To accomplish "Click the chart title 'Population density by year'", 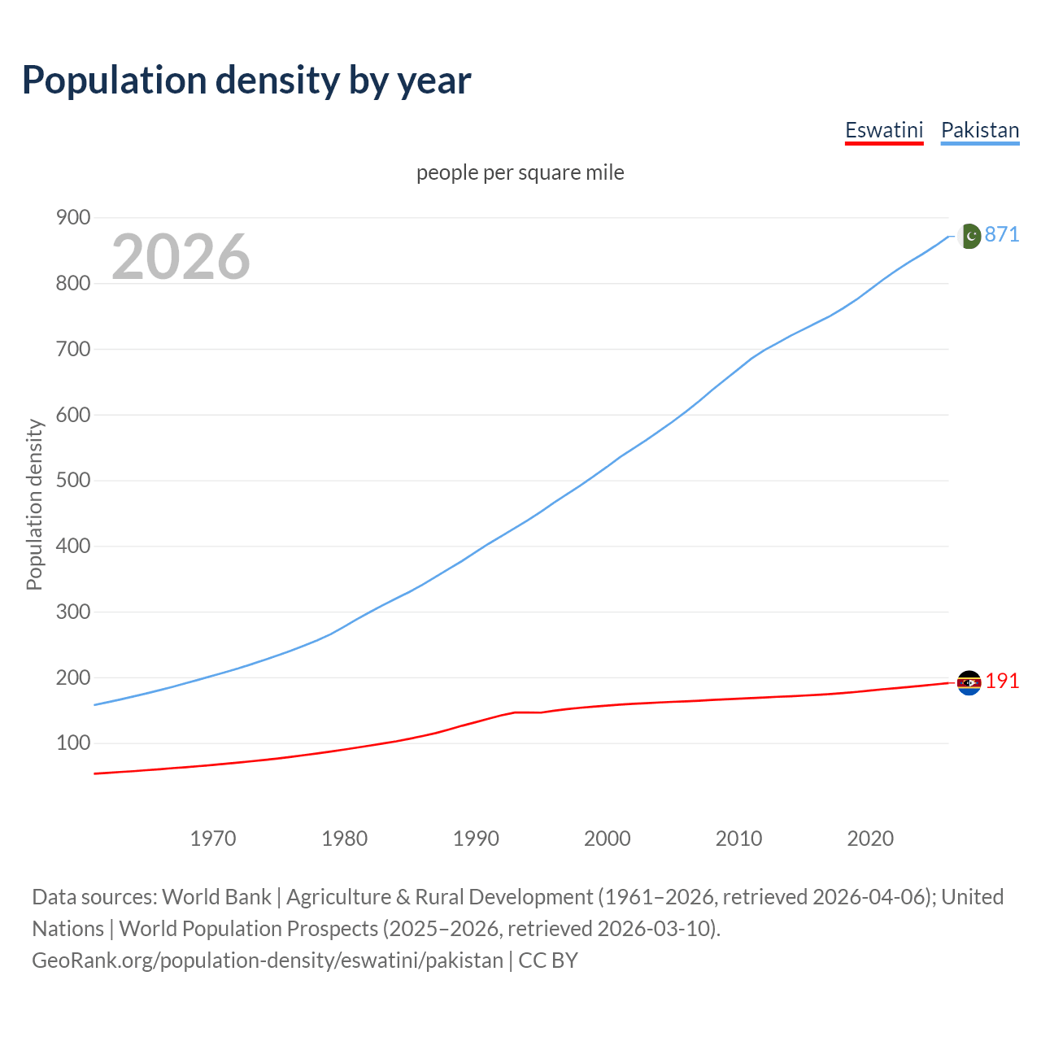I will point(246,81).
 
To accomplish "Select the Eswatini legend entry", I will point(884,131).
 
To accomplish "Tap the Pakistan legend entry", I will point(980,131).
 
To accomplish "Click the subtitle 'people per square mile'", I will point(520,173).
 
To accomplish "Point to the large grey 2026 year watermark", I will point(181,258).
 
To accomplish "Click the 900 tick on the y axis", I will point(73,218).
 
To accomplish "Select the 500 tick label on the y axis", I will point(73,481).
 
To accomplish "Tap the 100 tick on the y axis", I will point(73,743).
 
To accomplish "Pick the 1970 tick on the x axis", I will point(213,838).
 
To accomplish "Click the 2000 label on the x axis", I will point(608,838).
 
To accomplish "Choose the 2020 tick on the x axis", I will point(870,838).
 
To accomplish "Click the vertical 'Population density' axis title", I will point(34,504).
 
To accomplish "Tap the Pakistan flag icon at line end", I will point(969,236).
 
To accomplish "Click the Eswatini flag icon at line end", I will point(969,682).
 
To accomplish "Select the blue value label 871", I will point(1002,235).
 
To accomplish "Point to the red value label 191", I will point(1002,682).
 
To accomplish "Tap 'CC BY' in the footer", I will point(548,960).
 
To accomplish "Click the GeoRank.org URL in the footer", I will point(268,960).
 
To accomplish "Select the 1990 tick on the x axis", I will point(476,838).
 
